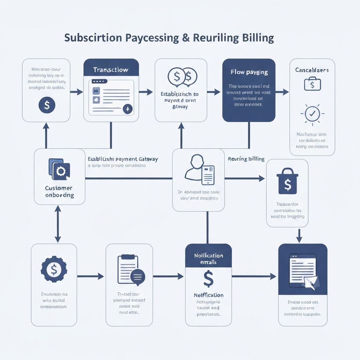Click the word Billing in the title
(258, 38)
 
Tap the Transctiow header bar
(111, 70)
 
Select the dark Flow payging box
(249, 90)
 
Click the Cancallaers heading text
(312, 70)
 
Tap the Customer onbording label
(59, 192)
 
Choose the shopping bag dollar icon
(287, 181)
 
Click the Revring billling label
(246, 159)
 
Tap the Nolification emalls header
(208, 259)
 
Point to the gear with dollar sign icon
(54, 270)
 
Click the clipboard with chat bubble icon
(130, 270)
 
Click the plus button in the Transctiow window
(127, 109)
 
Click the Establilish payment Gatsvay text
(123, 159)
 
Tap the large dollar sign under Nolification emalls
(208, 279)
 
